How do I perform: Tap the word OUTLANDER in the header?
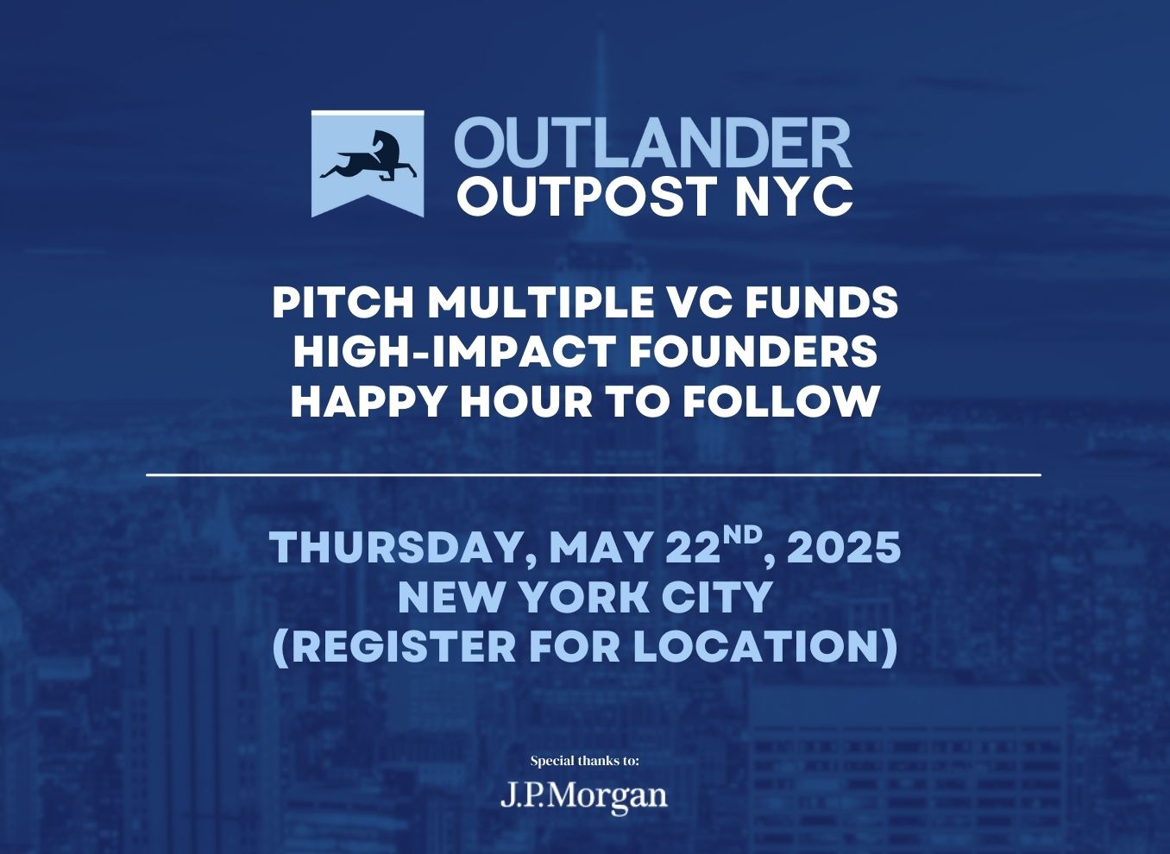pos(653,142)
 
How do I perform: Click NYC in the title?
pos(794,196)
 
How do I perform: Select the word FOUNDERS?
pos(752,353)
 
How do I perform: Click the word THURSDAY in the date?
pos(402,549)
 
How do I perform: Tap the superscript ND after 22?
pos(742,537)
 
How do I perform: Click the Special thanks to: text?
pos(585,761)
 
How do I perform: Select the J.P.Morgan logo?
pos(584,796)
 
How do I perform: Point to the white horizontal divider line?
pos(594,474)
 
